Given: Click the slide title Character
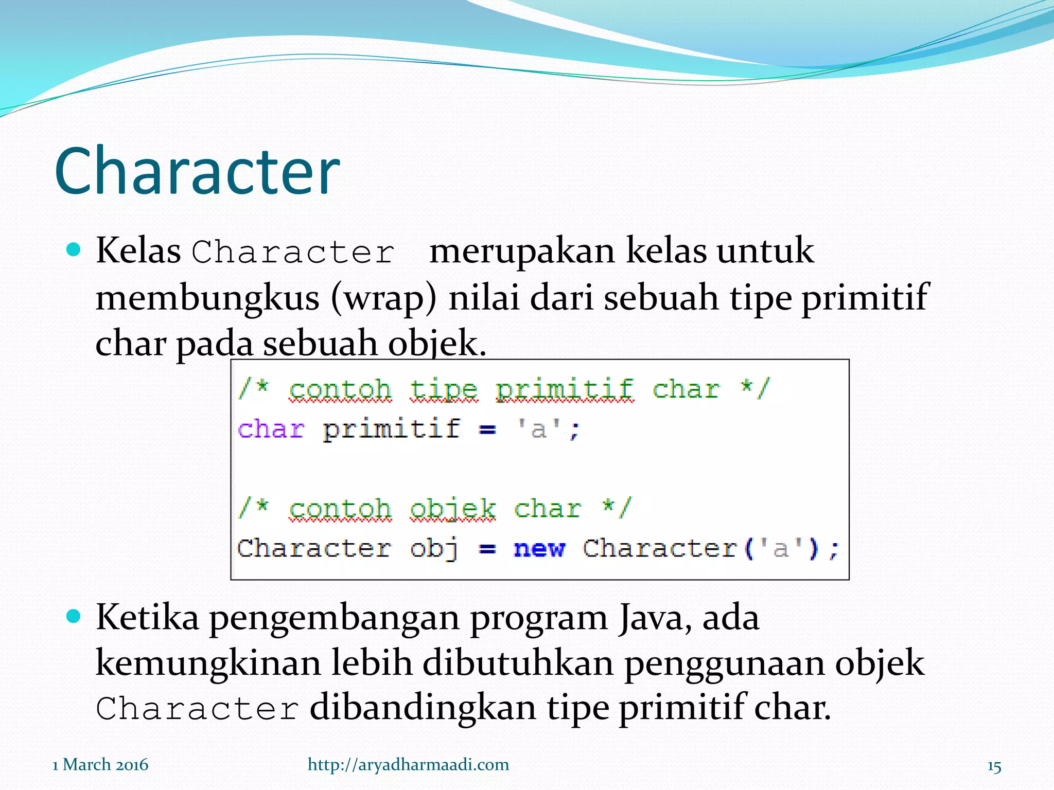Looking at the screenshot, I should coord(197,171).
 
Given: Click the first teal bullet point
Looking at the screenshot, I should coord(74,250).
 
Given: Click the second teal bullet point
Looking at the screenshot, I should coord(74,616).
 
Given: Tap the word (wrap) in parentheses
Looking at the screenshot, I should coord(384,298).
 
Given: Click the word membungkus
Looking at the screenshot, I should coord(207,298).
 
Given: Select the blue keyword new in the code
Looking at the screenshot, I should coord(539,548).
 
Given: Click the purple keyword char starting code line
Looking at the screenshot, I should coord(271,429).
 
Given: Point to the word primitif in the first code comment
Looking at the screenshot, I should coord(564,389).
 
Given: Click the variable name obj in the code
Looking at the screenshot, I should coord(434,548).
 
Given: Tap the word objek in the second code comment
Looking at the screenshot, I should coord(452,509).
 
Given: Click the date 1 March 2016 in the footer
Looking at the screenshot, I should coord(100,764).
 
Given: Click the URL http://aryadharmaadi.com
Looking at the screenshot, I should coord(408,764).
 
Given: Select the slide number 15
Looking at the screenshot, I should coord(994,766).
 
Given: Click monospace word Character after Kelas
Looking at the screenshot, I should coord(293,252).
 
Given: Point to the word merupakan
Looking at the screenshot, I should coord(522,252).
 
